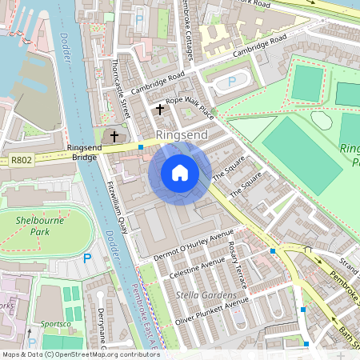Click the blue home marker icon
tap(180, 174)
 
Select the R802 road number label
tap(21, 161)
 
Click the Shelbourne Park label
tap(37, 225)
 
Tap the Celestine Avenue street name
tap(198, 269)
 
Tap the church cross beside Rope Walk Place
tap(160, 108)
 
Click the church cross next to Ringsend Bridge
tap(114, 137)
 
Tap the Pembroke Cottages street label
tap(195, 24)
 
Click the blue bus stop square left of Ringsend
tap(141, 147)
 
